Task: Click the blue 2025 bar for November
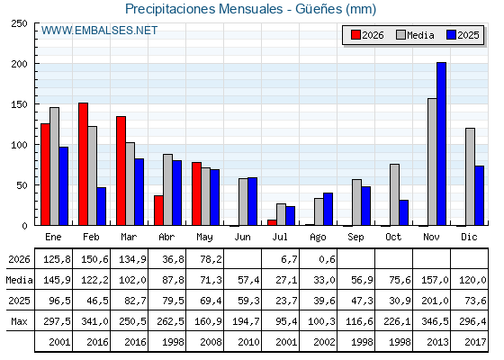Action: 441,144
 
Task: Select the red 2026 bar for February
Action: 83,164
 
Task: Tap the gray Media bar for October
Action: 395,194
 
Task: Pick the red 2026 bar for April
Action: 158,211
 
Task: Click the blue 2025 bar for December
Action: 479,195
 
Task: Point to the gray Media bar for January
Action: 55,166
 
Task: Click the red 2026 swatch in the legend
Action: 355,35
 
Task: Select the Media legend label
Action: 420,35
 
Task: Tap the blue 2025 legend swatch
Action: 451,35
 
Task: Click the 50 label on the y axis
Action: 22,185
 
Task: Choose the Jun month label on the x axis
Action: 242,238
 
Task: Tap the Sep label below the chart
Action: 355,238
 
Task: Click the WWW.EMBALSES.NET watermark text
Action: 99,31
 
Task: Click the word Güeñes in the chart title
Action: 319,9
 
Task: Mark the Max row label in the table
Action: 19,321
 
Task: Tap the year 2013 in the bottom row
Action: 437,342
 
